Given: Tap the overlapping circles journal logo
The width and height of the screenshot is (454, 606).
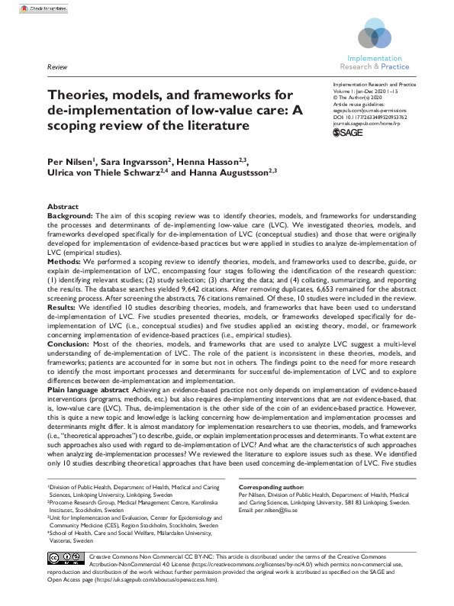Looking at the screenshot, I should (x=374, y=34).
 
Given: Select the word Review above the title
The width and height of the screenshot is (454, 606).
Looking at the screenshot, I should (x=57, y=67).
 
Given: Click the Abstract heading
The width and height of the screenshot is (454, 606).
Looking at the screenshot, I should (x=63, y=207).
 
